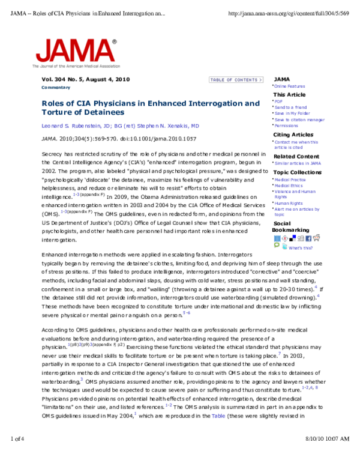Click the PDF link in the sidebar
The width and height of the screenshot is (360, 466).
pyautogui.click(x=278, y=101)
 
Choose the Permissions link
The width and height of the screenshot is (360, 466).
pyautogui.click(x=286, y=126)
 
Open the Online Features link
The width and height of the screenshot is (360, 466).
pyautogui.click(x=289, y=87)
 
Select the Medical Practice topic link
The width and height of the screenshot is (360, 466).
pyautogui.click(x=290, y=180)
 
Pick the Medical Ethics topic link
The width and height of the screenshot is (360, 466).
pyautogui.click(x=289, y=185)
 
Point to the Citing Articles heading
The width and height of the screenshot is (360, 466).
pyautogui.click(x=293, y=135)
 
